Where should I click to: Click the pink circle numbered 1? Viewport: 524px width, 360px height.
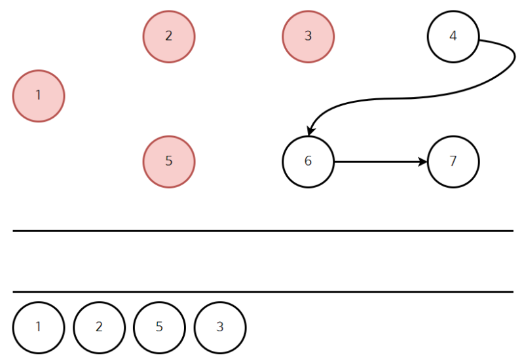click(39, 96)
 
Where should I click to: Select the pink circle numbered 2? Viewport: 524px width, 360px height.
click(169, 37)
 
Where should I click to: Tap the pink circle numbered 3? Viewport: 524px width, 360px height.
click(308, 37)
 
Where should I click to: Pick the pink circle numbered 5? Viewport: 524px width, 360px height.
click(169, 162)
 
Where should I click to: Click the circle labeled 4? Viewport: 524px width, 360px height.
click(453, 37)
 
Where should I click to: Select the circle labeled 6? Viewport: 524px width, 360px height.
click(308, 162)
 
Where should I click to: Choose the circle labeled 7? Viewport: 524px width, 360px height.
click(453, 162)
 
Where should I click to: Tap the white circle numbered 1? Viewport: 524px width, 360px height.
click(39, 327)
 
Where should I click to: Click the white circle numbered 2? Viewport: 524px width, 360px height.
click(99, 327)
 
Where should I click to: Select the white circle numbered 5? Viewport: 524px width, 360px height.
click(159, 327)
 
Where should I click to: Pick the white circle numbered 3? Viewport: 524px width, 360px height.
click(220, 327)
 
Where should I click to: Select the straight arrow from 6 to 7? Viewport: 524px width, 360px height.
click(381, 162)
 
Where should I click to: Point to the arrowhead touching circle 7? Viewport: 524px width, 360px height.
click(423, 162)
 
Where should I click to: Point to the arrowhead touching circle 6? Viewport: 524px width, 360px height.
click(310, 132)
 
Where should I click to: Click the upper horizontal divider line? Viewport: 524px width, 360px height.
click(263, 230)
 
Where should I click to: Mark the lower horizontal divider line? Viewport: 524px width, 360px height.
click(263, 292)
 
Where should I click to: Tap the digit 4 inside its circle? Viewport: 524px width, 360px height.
click(453, 35)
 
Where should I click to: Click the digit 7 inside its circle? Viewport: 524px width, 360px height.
click(453, 161)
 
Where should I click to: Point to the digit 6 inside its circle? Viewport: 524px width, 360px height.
click(308, 161)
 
